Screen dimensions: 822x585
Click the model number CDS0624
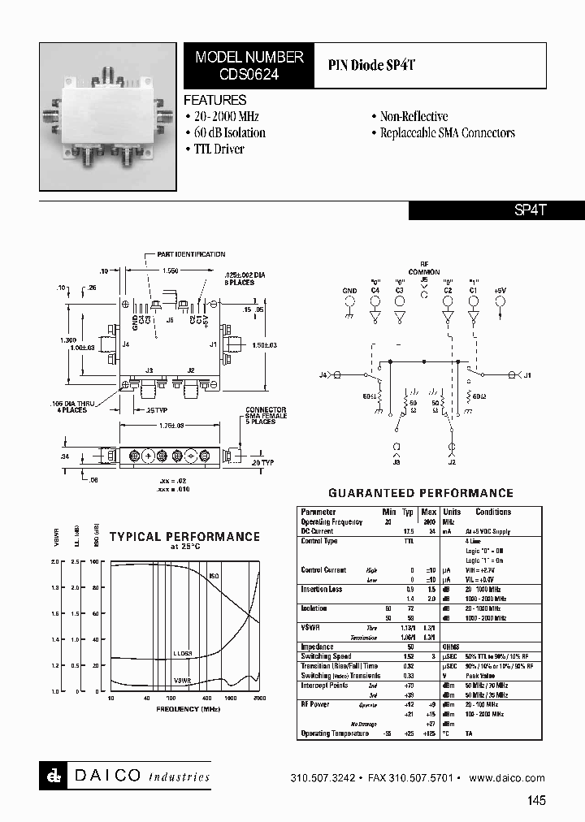coord(249,73)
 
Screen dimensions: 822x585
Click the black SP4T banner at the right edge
coord(496,210)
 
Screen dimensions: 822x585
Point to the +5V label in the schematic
coord(499,289)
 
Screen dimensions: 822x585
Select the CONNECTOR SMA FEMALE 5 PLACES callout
coord(266,415)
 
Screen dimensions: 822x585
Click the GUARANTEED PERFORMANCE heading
coord(420,492)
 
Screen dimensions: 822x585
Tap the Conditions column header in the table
coord(493,512)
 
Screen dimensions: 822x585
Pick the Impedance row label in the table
coord(317,647)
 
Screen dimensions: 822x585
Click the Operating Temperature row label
coord(335,733)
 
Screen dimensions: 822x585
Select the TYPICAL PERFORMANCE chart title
coord(184,536)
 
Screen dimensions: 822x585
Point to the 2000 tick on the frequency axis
coord(259,699)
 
